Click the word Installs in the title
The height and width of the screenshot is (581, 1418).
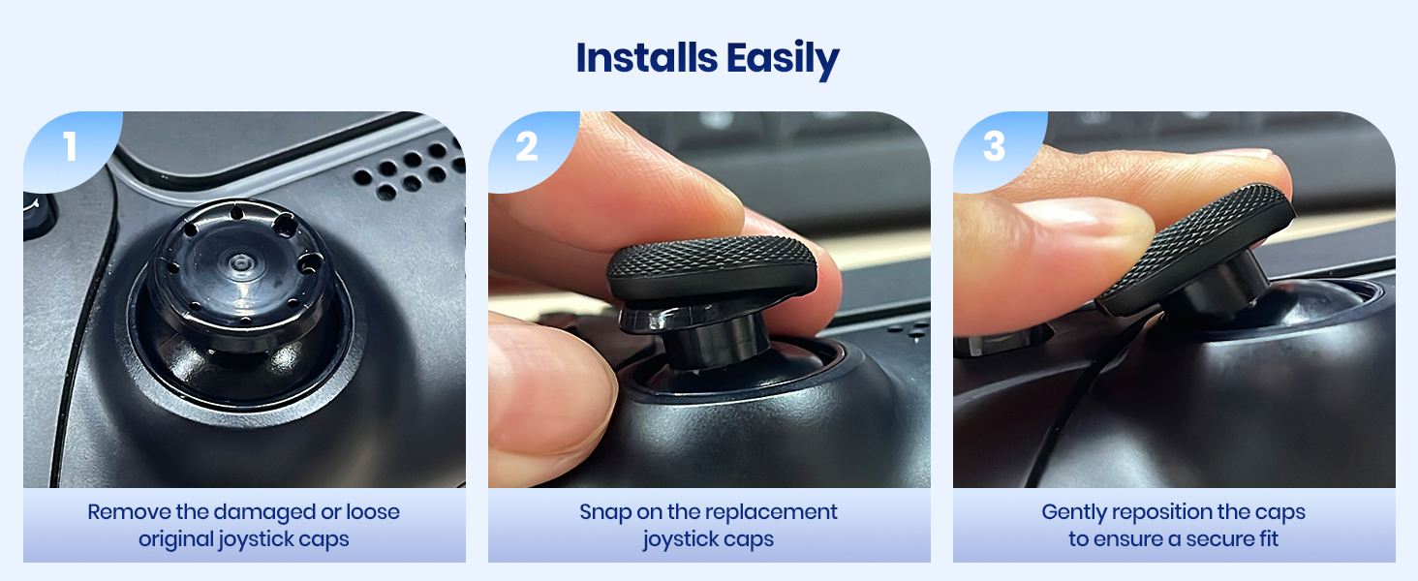point(638,59)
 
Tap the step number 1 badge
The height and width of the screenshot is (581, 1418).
point(69,146)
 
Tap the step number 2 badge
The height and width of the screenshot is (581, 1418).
point(526,146)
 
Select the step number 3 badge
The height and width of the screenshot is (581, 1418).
point(994,146)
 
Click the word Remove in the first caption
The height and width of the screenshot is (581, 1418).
point(121,512)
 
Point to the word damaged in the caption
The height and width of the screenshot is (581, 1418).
point(255,512)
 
